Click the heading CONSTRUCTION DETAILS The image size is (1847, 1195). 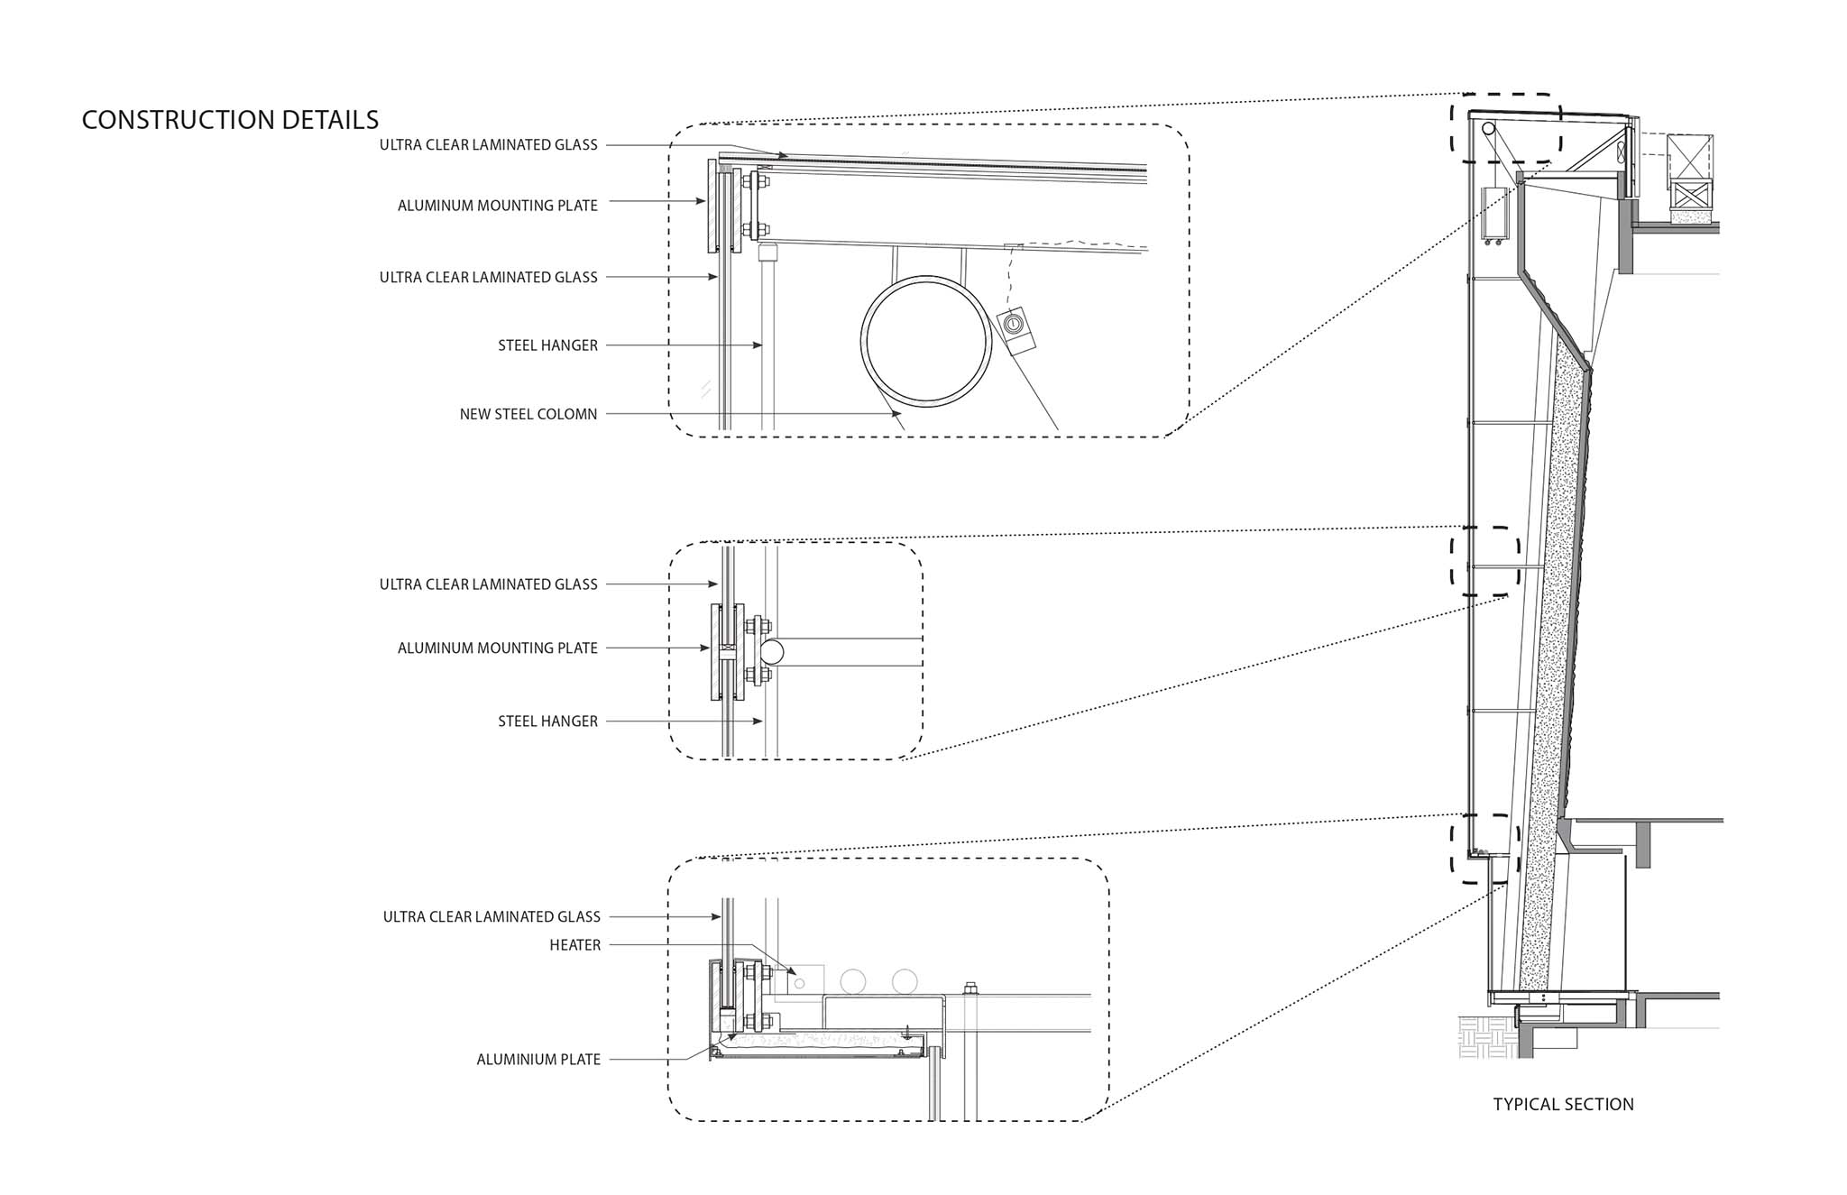(230, 120)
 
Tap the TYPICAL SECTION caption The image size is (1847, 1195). (1563, 1104)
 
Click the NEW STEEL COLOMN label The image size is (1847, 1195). (528, 415)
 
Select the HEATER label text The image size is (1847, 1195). (575, 945)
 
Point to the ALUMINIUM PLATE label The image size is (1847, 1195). (538, 1060)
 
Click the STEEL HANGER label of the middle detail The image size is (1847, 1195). (548, 722)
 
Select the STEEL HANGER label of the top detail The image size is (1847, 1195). (548, 345)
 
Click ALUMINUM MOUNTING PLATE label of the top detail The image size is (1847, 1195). (498, 206)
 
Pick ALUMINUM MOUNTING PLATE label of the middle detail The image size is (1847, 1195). (498, 648)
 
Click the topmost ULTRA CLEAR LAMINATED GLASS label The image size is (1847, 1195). (489, 145)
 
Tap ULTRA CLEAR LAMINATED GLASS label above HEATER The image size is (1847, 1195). (492, 917)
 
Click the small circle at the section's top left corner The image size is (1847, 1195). (1488, 129)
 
